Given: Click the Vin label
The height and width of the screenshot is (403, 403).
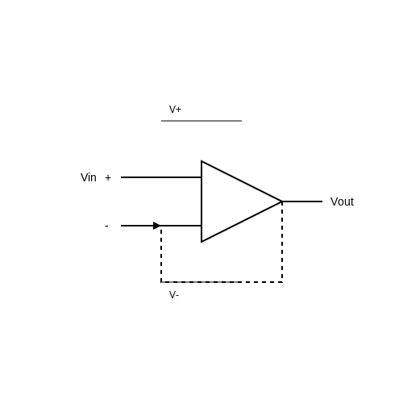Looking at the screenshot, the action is click(x=89, y=177).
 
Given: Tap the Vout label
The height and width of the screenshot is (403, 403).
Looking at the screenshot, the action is click(x=342, y=201).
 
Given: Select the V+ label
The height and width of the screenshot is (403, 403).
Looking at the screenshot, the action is click(x=175, y=110).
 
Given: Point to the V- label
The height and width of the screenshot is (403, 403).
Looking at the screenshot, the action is click(x=174, y=295).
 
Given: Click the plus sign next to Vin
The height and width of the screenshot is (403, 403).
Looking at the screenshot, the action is click(x=108, y=177).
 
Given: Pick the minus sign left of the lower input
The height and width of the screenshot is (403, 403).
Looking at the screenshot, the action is click(x=106, y=226).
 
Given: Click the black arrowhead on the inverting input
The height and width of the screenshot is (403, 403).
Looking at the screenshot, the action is click(x=156, y=226).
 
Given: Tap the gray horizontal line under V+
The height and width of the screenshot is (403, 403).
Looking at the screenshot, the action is click(x=201, y=121).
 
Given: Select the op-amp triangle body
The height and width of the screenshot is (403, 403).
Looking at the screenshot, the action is click(x=228, y=201).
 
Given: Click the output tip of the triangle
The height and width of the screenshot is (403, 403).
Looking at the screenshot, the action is click(x=282, y=201).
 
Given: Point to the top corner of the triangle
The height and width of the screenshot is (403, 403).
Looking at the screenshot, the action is click(x=201, y=161).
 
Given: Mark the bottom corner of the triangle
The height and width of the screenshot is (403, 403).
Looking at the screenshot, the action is click(x=201, y=242).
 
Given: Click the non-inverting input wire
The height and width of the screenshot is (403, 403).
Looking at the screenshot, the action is click(x=161, y=177).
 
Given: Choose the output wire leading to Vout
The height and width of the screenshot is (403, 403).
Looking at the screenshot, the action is click(x=302, y=201).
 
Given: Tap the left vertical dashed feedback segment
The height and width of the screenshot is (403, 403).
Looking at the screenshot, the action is click(x=161, y=254).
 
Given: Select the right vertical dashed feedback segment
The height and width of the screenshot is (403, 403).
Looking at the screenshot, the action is click(x=282, y=242).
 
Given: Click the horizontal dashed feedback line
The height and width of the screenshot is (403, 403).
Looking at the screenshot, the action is click(x=222, y=282).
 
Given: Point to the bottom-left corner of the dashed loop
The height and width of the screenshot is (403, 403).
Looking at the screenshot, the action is click(x=161, y=282).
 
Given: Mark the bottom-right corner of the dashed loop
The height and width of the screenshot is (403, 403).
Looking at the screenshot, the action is click(x=282, y=282).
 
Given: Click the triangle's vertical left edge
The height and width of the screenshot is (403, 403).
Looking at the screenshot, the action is click(x=201, y=201).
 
